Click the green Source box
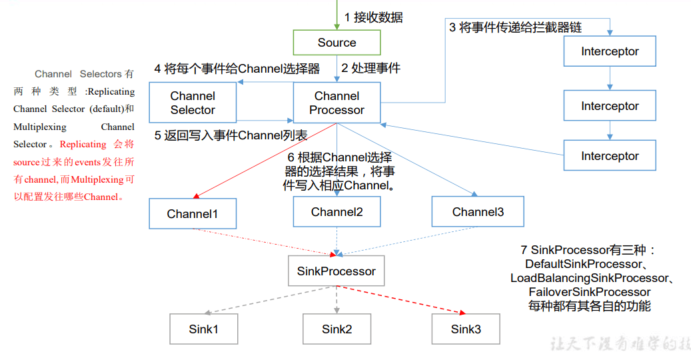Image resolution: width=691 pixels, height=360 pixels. click(337, 43)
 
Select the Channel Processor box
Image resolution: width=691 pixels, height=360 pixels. click(337, 103)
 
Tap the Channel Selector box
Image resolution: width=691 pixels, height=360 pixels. click(193, 103)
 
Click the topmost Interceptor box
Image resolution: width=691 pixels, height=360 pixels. click(610, 51)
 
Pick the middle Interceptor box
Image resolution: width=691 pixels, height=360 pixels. click(610, 106)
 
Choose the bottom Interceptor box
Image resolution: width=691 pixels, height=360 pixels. click(610, 156)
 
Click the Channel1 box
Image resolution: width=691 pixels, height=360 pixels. click(192, 213)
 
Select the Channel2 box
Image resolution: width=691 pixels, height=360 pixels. click(337, 212)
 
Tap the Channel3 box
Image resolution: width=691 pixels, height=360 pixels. click(478, 212)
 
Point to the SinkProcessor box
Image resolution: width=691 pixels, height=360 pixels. click(336, 271)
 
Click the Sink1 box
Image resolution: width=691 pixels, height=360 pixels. click(203, 329)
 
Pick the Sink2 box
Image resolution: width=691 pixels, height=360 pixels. click(337, 329)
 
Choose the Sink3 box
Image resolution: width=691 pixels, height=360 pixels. click(466, 329)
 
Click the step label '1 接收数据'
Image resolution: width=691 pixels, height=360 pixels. click(373, 18)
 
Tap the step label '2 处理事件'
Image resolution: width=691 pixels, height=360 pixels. click(370, 68)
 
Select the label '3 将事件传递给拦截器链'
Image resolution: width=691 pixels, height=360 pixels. click(515, 27)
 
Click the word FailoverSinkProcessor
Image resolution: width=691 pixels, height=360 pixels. click(589, 292)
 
